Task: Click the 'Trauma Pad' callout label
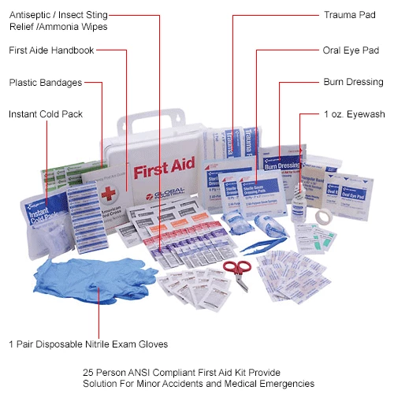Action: [345, 15]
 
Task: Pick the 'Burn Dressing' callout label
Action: [353, 82]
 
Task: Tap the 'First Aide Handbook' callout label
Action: [50, 50]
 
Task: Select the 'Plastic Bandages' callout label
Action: [44, 82]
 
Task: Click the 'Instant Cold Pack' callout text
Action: [45, 114]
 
